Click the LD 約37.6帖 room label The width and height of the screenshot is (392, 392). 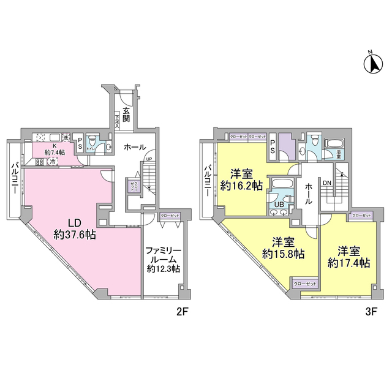73,228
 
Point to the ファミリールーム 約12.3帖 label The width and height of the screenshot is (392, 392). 162,259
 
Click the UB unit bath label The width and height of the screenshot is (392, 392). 279,205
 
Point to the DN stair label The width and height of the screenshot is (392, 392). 327,183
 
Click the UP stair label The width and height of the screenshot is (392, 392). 148,160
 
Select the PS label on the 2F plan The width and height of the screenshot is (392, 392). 80,145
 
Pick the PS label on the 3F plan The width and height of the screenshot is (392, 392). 273,145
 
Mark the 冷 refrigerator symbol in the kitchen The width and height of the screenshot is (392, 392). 53,161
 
